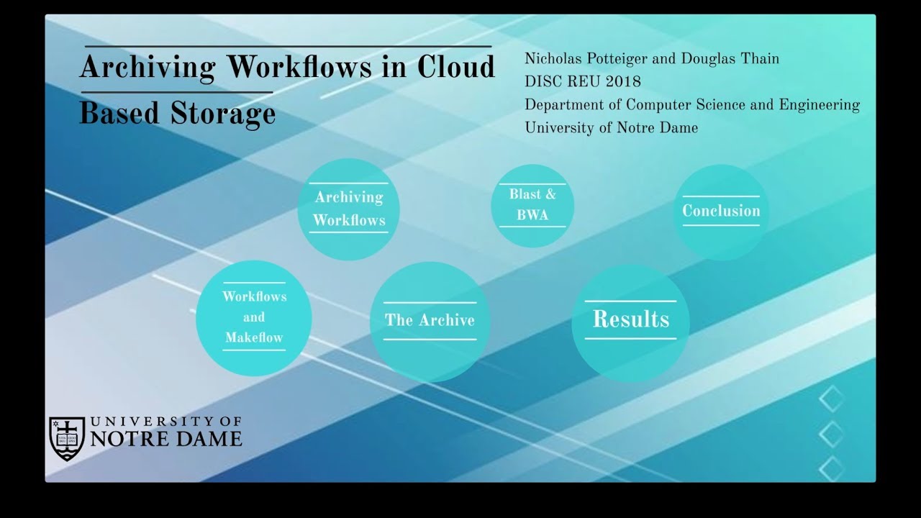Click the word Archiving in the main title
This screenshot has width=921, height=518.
click(x=148, y=68)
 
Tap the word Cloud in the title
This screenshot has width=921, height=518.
click(x=456, y=66)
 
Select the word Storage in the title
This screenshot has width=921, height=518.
click(x=223, y=114)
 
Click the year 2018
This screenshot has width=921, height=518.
click(x=623, y=82)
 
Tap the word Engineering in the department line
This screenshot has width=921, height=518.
click(x=819, y=106)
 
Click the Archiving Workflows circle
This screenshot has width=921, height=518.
click(x=349, y=209)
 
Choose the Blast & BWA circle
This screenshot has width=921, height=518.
click(x=532, y=206)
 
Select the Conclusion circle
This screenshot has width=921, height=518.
click(x=721, y=212)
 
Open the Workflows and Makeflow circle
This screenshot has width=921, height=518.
click(x=254, y=318)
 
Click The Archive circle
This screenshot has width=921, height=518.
click(x=430, y=322)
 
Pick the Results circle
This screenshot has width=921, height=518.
click(x=631, y=323)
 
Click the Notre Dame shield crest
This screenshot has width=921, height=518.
click(x=67, y=439)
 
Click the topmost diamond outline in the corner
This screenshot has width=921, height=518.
click(x=831, y=399)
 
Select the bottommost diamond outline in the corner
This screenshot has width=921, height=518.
click(x=831, y=469)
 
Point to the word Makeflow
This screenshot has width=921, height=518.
click(x=254, y=337)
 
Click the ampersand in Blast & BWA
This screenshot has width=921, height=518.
click(x=550, y=194)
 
